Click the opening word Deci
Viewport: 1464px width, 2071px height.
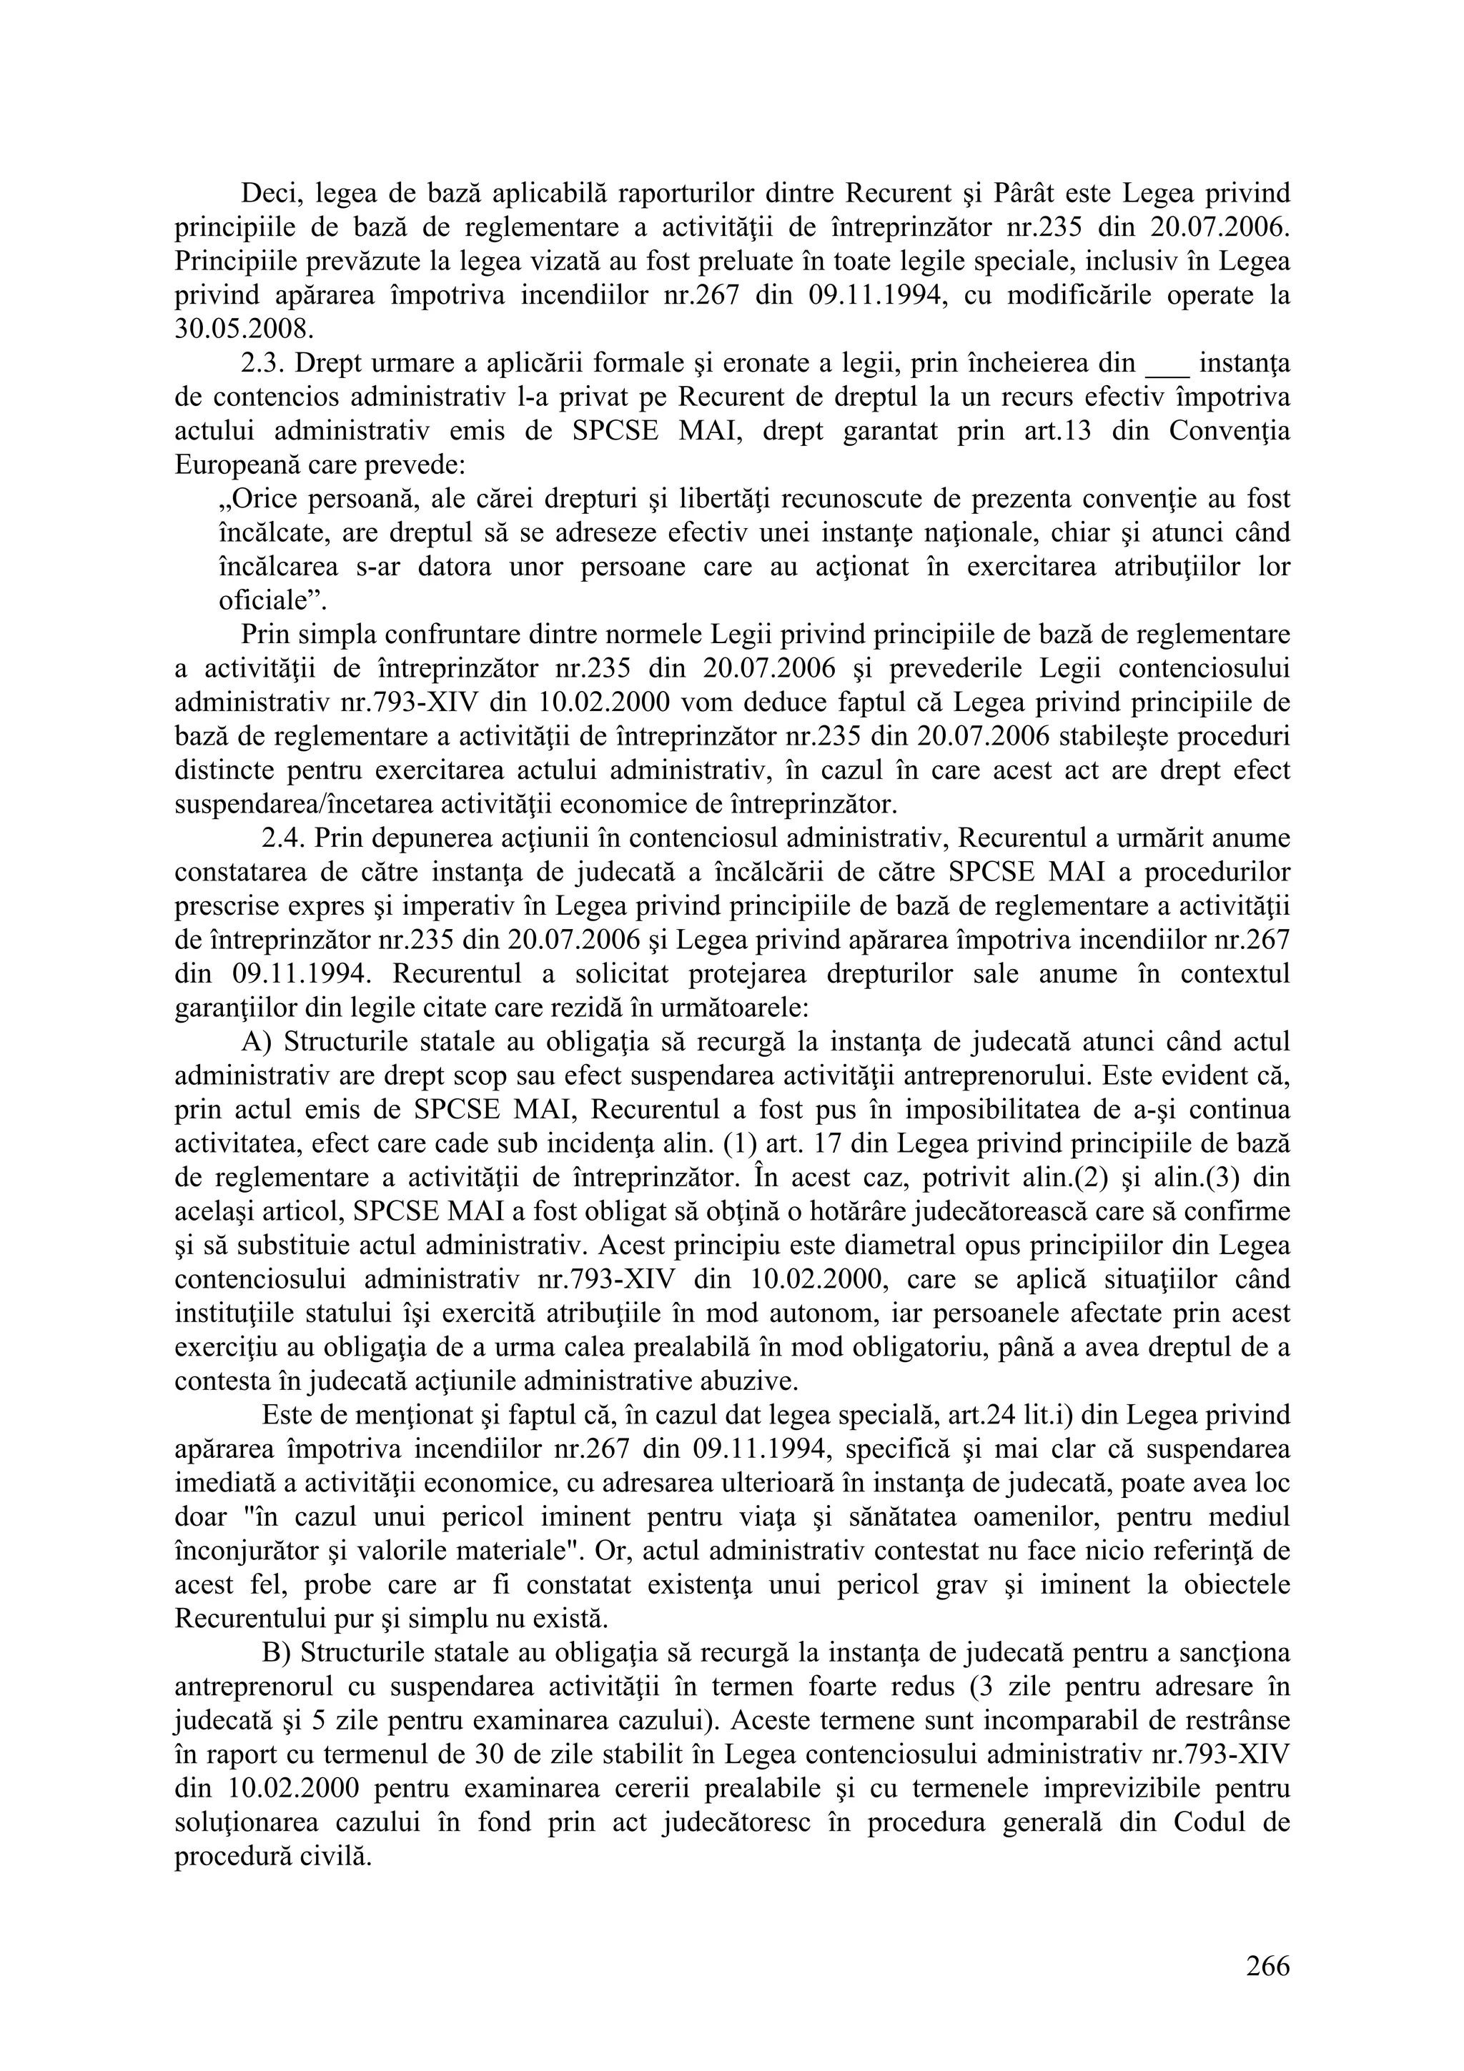pos(269,193)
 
